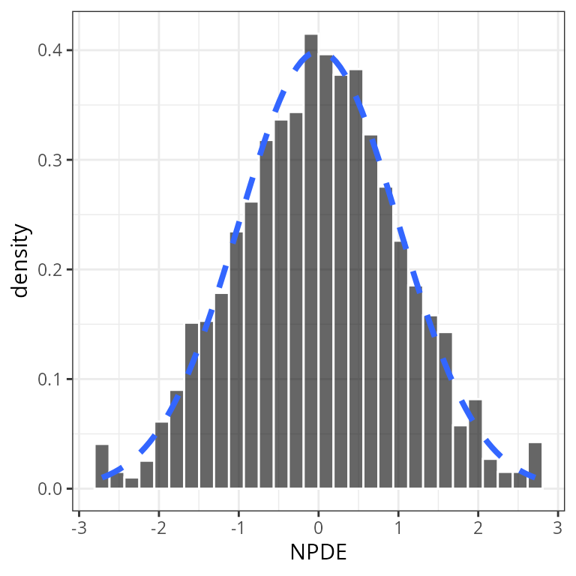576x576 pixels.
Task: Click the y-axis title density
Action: tap(21, 260)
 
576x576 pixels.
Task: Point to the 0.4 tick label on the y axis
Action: tap(51, 50)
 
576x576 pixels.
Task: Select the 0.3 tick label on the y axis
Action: tap(51, 160)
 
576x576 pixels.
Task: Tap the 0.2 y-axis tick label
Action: tap(51, 269)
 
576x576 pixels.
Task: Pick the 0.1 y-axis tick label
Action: tap(51, 379)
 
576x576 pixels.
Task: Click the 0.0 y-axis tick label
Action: tap(51, 488)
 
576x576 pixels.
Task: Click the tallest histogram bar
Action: tap(310, 262)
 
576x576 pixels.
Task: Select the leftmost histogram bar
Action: tap(102, 466)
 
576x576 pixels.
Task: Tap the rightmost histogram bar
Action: tap(535, 466)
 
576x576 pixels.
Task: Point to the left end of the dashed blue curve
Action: tap(103, 476)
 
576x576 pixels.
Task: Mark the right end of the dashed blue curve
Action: tap(533, 476)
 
